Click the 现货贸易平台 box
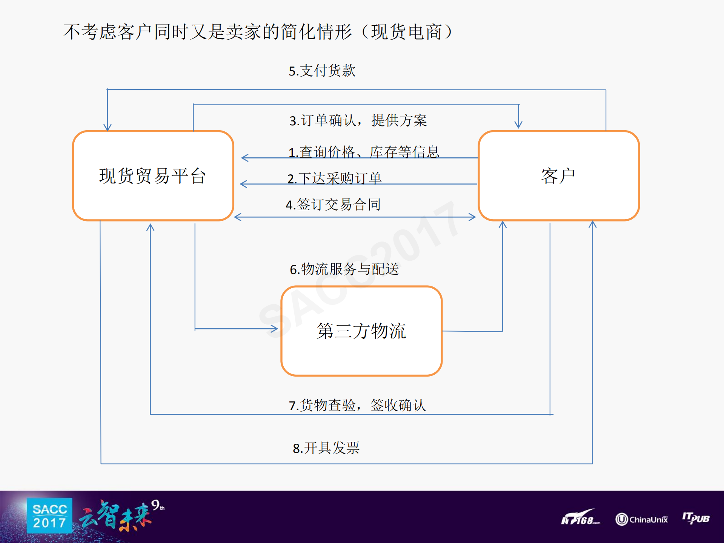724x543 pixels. tap(153, 176)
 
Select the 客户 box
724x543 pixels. tap(558, 176)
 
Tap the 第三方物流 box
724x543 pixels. tap(361, 331)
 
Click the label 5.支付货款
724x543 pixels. tap(322, 71)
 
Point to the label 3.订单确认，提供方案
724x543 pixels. tap(358, 120)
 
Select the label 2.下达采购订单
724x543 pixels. tap(334, 178)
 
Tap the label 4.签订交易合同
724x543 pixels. tap(333, 205)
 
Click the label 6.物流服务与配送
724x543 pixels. tap(344, 269)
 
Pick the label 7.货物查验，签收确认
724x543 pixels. tap(357, 405)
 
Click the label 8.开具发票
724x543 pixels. tap(326, 448)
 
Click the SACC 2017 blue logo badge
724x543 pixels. tap(49, 515)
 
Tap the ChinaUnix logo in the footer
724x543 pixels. tap(641, 519)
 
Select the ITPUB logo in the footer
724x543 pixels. tap(696, 518)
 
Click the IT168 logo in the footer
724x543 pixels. tap(580, 518)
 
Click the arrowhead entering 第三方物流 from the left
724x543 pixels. tap(275, 329)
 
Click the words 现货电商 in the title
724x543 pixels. tap(407, 32)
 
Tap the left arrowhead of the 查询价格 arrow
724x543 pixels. tap(244, 158)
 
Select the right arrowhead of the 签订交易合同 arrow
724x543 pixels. tap(472, 217)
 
